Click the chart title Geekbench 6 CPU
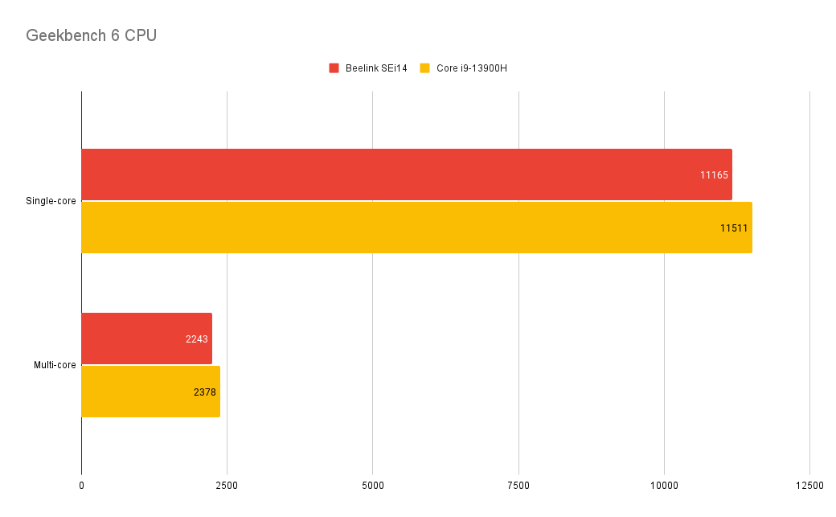91,36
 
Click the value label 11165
714,175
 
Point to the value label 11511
734,228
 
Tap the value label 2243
196,339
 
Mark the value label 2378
205,392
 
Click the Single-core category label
51,201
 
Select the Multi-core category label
55,365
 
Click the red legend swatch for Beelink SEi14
334,68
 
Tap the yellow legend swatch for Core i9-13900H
425,68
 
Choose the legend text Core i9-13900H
472,68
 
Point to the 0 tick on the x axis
81,486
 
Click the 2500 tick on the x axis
227,486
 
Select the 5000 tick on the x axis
372,486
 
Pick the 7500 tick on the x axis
518,486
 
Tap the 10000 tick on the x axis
664,486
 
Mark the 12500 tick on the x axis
809,486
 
